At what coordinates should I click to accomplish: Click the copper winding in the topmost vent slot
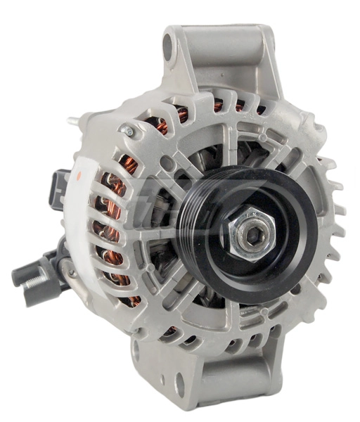click(x=219, y=106)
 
